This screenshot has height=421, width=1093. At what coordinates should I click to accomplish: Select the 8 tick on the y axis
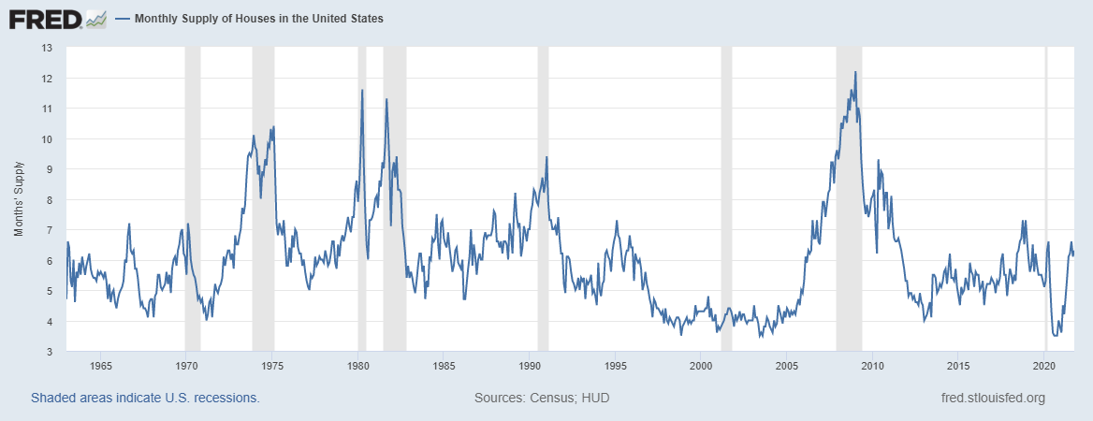[x=48, y=200]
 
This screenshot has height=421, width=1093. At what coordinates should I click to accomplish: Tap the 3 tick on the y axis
[x=48, y=352]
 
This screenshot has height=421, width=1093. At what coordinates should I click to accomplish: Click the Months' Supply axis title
[x=20, y=199]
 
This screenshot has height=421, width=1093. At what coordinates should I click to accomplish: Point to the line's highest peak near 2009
[x=855, y=72]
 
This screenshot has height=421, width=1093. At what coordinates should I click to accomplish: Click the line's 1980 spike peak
[x=362, y=90]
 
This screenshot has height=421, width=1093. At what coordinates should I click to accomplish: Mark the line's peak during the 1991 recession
[x=546, y=157]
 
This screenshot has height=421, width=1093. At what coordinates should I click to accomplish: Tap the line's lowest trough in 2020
[x=1055, y=334]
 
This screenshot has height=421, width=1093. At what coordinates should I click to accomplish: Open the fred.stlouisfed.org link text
[x=992, y=398]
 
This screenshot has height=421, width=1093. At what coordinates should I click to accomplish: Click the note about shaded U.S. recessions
[x=145, y=398]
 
